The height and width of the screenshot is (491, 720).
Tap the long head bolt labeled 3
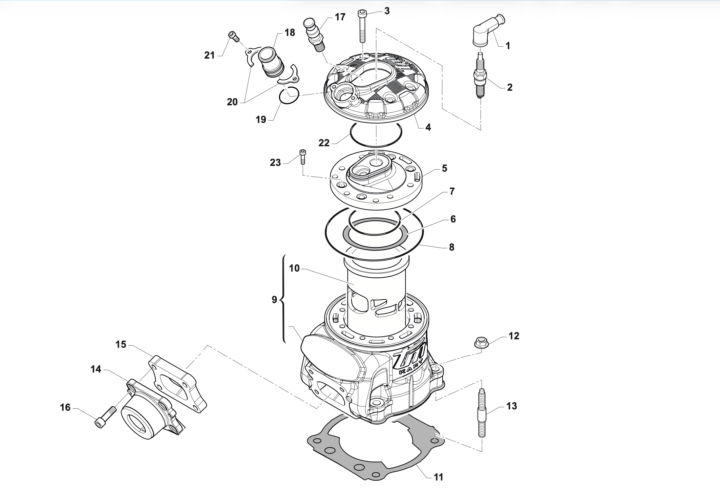point(362,26)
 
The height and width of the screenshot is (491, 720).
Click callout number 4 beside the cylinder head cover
point(428,128)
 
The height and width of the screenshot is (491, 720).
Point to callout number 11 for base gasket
point(438,477)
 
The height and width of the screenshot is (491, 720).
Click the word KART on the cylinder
point(411,371)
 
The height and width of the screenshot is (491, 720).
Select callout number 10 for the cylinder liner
point(294,269)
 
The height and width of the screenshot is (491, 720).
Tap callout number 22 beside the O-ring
point(324,143)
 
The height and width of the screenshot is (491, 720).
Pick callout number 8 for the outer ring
point(451,247)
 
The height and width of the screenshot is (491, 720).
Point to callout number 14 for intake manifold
point(96,369)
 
